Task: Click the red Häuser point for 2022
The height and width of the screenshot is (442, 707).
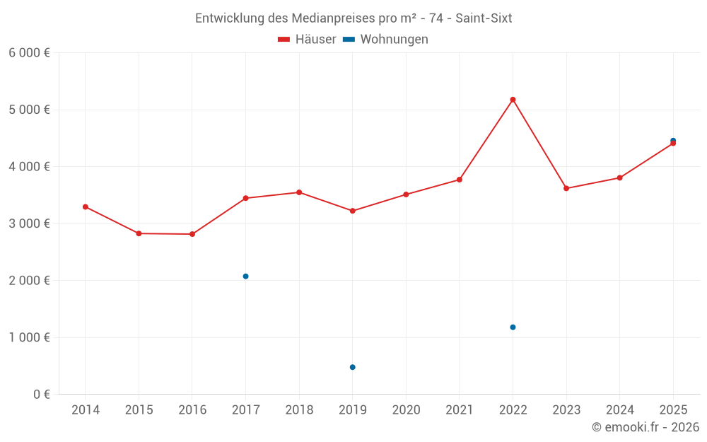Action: tap(513, 100)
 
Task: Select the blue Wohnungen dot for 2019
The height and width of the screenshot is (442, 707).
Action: tap(352, 367)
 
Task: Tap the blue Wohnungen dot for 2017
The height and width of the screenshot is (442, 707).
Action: tap(245, 276)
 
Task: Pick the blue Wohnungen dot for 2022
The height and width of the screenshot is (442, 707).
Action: tap(513, 327)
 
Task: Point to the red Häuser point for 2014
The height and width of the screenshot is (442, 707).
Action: tap(86, 207)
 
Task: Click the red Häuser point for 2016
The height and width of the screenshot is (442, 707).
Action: tap(192, 234)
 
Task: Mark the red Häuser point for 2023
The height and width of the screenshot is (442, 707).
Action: tap(566, 188)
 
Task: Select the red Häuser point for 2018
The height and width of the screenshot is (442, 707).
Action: tap(299, 192)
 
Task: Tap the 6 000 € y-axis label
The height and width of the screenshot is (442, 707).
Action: tap(29, 53)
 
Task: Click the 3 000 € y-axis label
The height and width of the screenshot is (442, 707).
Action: tap(29, 223)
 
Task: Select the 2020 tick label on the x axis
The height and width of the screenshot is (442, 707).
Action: tap(406, 410)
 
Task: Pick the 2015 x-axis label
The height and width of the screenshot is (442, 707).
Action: tap(139, 410)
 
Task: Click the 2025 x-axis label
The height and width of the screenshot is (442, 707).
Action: tap(673, 410)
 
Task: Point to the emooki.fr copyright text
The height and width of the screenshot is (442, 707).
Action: tap(645, 427)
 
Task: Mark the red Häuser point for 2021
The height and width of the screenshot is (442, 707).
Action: tap(460, 180)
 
